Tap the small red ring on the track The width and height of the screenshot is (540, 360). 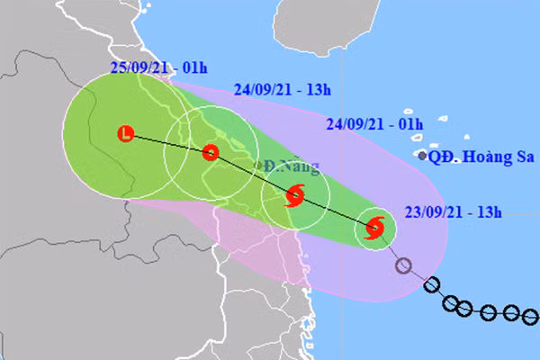click(x=210, y=152)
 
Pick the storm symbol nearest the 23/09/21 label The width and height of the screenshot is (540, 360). click(x=375, y=229)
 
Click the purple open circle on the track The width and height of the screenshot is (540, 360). click(x=404, y=265)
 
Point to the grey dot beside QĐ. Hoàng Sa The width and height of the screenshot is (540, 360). click(x=423, y=156)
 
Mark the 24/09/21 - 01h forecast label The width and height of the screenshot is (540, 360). click(x=375, y=124)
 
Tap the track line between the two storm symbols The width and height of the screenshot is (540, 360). click(x=335, y=212)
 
